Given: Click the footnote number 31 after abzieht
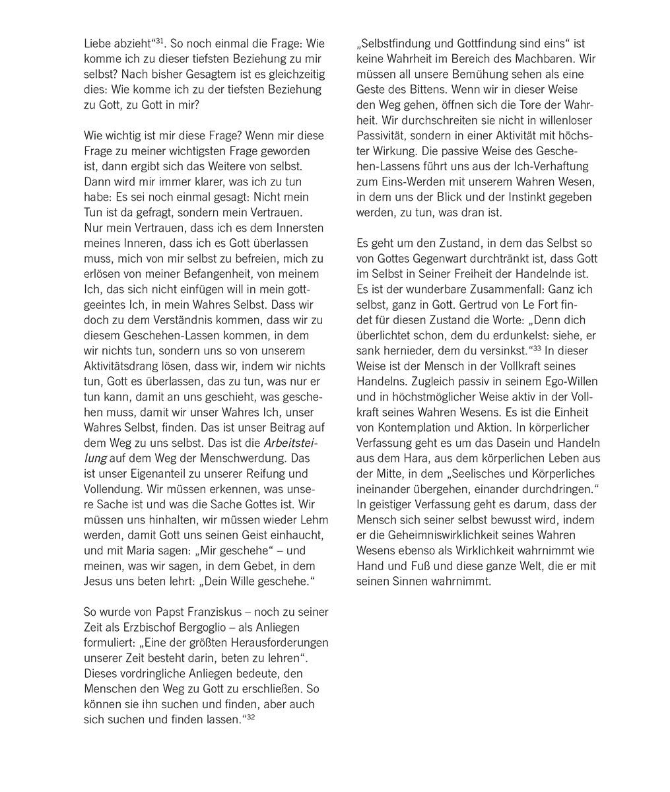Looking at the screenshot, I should pos(159,41).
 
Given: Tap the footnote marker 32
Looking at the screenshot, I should pos(250,716).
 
